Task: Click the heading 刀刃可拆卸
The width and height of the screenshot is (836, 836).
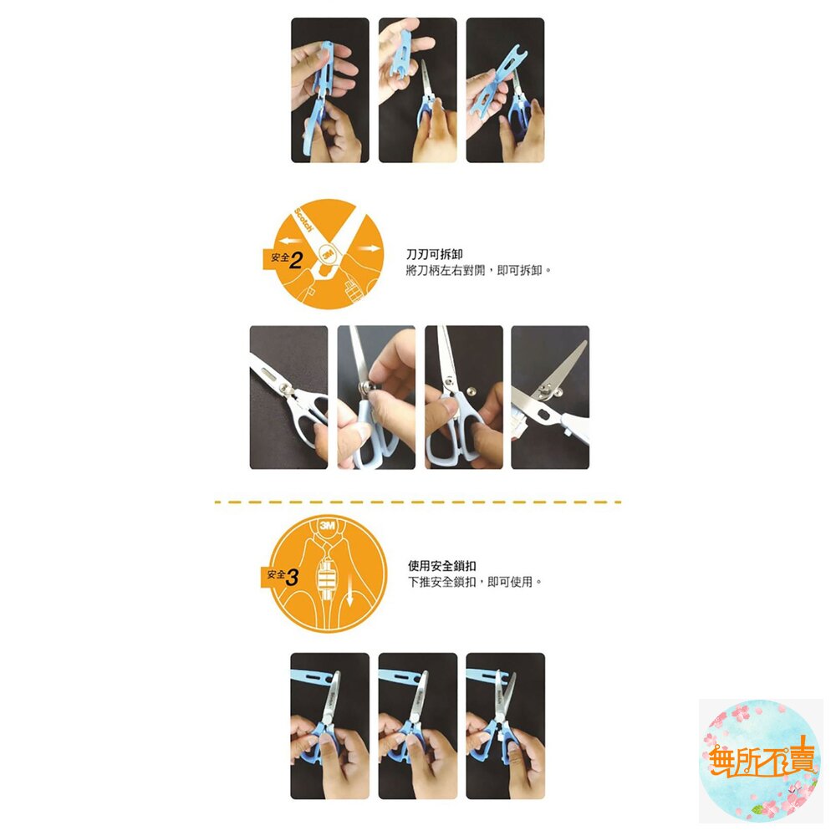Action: [434, 254]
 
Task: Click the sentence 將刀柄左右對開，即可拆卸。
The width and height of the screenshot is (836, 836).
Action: [478, 270]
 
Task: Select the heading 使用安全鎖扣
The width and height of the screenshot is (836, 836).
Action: [441, 566]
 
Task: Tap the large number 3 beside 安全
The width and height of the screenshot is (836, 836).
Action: [292, 577]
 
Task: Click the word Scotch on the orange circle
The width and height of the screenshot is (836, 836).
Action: [303, 220]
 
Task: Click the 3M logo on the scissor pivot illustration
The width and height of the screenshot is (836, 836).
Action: [327, 255]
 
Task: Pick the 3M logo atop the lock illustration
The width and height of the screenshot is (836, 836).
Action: [327, 526]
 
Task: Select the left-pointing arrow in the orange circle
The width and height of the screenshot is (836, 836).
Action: [292, 241]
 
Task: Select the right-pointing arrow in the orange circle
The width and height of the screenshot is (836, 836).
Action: [369, 248]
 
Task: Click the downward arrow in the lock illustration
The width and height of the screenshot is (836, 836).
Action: [350, 596]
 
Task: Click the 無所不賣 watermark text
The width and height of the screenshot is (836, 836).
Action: [762, 761]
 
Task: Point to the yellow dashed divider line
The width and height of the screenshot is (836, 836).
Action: [417, 502]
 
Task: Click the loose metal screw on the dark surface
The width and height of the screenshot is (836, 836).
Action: [471, 392]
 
